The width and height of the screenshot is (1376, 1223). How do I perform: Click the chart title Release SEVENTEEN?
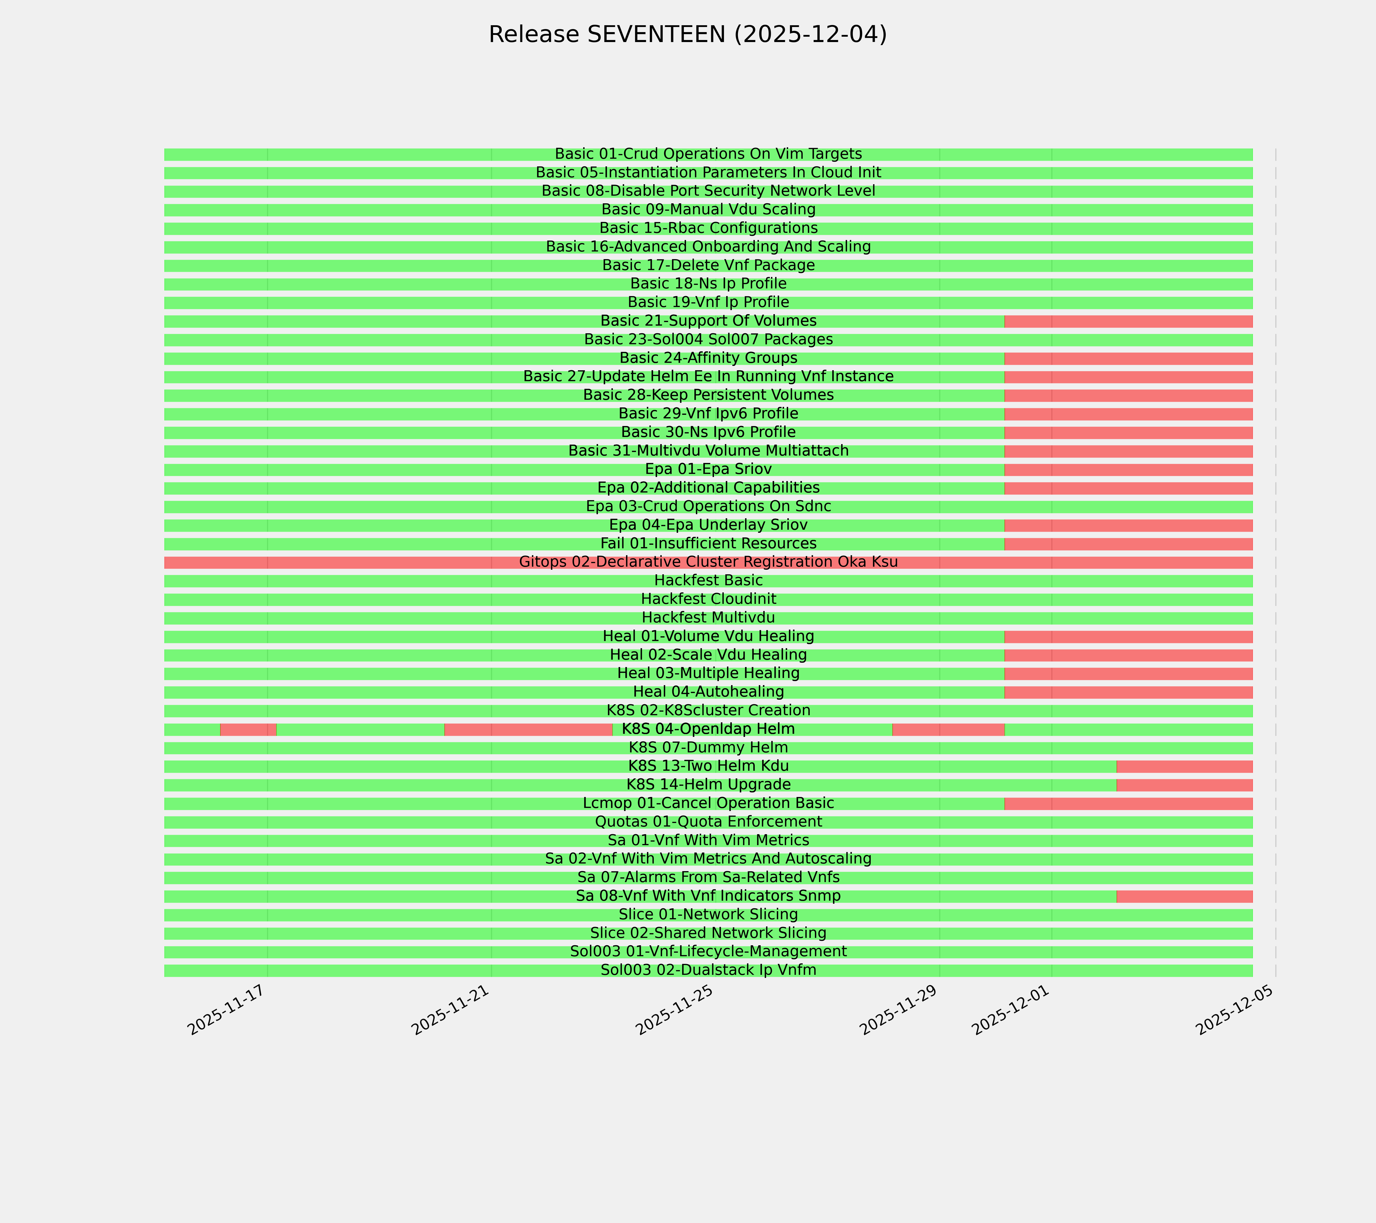(x=687, y=34)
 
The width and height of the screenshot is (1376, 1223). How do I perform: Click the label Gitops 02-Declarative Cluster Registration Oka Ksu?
(x=708, y=562)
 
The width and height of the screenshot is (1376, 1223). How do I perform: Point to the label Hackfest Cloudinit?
(x=708, y=599)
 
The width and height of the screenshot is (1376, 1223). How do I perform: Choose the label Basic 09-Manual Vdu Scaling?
(x=708, y=209)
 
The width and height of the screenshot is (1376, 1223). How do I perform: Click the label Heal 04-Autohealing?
(x=708, y=692)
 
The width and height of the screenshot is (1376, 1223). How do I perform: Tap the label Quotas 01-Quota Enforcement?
(x=708, y=822)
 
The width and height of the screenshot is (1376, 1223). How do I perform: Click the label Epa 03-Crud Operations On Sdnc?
(x=708, y=506)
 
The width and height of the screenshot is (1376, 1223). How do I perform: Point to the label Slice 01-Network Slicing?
(x=708, y=915)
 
